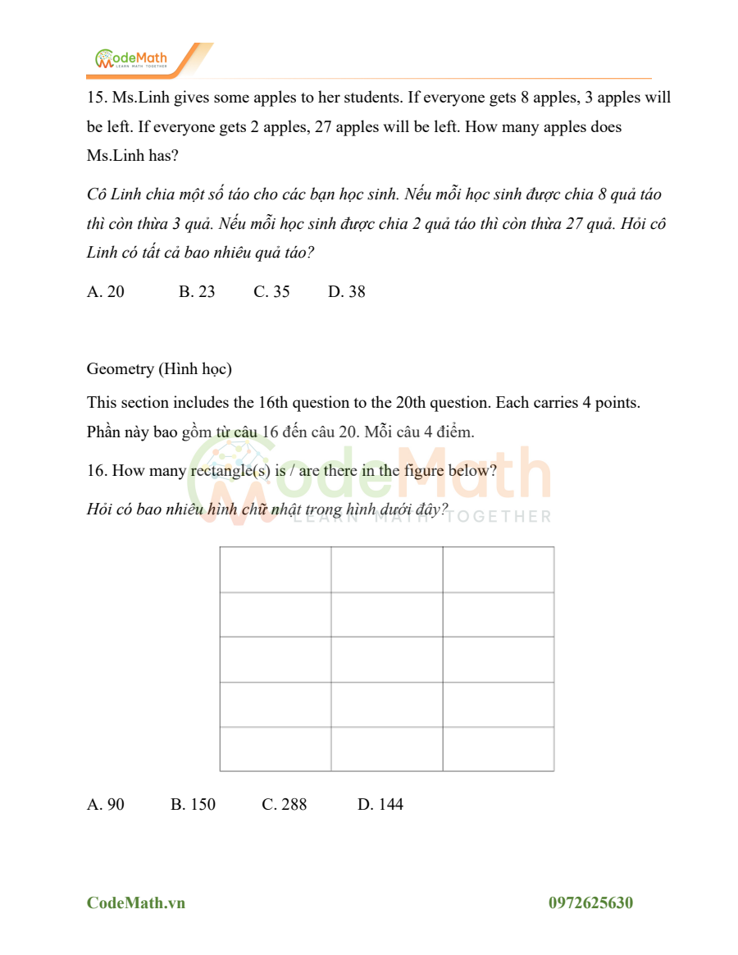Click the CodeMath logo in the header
[x=131, y=59]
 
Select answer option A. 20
[x=106, y=291]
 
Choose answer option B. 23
[x=197, y=291]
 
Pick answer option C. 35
[x=271, y=291]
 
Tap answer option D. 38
[x=347, y=291]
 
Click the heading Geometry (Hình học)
[x=159, y=369]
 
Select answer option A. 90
[x=106, y=804]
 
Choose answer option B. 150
[x=193, y=804]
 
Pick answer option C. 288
[x=284, y=804]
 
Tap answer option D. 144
[x=380, y=804]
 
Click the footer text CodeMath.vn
[x=136, y=902]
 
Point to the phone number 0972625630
[x=590, y=902]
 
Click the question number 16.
[x=97, y=471]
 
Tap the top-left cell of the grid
[x=276, y=569]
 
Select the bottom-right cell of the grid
[x=499, y=748]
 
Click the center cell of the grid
[x=387, y=659]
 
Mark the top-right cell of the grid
[x=499, y=569]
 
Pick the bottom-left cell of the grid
[x=276, y=748]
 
